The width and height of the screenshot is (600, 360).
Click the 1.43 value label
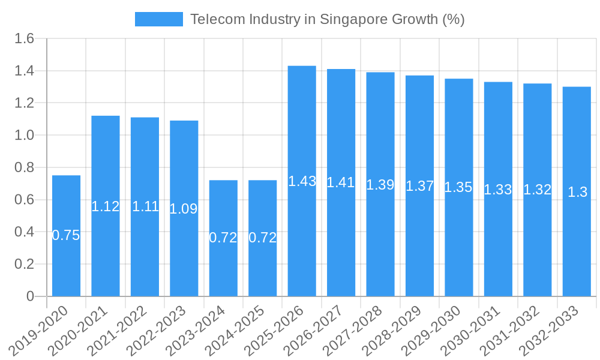(x=302, y=181)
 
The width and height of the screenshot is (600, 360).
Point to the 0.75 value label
(x=66, y=236)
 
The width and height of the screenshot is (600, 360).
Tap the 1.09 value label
(x=184, y=209)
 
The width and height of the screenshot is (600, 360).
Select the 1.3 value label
(x=577, y=193)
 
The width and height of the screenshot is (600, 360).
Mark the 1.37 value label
(x=419, y=186)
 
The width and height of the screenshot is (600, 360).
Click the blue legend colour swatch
(x=158, y=19)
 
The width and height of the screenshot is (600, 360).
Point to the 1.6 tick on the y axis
(x=26, y=39)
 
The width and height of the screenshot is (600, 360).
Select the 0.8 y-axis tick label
(x=26, y=167)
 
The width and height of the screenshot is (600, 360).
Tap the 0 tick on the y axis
(x=31, y=296)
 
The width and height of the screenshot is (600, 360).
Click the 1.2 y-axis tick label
(x=26, y=103)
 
